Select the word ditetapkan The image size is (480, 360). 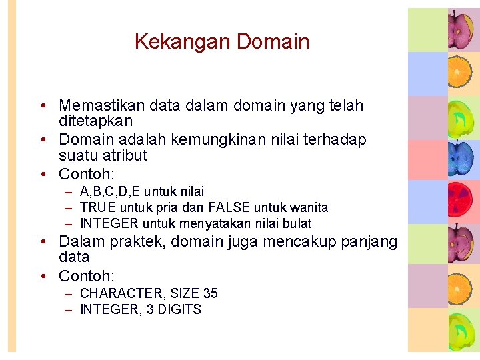96,121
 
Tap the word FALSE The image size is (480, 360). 229,208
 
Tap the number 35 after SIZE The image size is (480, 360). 210,294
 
